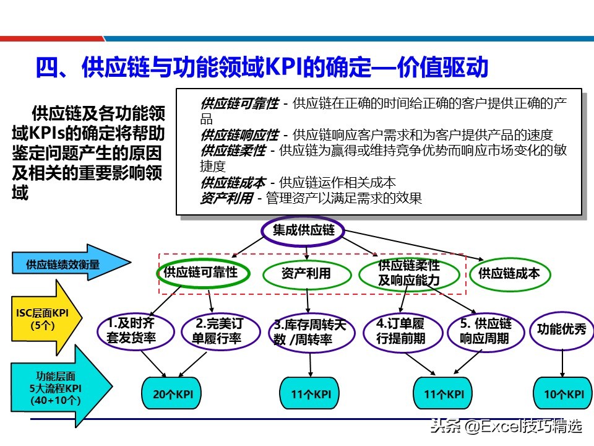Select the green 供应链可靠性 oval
[x=200, y=273]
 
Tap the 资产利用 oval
[x=306, y=273]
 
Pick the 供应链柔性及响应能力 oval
[x=409, y=273]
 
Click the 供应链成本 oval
[x=509, y=273]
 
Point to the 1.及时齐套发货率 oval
[x=131, y=330]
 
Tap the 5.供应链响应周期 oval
[x=485, y=331]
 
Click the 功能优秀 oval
[x=561, y=329]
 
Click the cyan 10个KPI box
[x=561, y=393]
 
